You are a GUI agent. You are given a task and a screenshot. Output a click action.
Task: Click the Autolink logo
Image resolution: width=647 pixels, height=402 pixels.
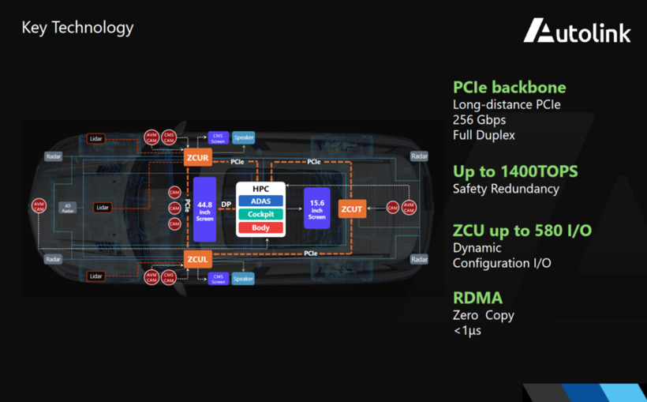click(x=578, y=31)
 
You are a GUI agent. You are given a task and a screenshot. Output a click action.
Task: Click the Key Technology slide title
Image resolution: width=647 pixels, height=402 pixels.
click(x=77, y=28)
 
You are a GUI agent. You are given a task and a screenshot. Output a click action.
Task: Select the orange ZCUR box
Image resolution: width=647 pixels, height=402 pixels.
click(x=197, y=158)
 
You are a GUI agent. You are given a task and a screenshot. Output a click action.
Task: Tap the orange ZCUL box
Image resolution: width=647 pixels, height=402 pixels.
click(x=197, y=259)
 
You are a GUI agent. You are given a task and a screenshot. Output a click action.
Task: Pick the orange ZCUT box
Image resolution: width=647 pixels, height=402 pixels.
click(x=352, y=209)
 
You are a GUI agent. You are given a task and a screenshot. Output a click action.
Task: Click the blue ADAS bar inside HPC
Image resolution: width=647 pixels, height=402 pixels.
click(x=260, y=201)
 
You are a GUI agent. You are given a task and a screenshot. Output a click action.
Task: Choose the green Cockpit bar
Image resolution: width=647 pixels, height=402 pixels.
click(x=260, y=214)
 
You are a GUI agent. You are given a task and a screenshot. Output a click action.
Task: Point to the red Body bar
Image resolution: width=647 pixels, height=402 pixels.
click(x=260, y=227)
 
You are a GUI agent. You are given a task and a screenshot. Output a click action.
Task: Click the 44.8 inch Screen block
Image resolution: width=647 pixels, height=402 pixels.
click(x=204, y=209)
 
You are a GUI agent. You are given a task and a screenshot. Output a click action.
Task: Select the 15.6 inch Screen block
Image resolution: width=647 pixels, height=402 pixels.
click(x=316, y=209)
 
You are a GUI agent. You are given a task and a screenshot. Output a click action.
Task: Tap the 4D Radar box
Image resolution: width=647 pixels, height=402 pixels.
click(x=67, y=208)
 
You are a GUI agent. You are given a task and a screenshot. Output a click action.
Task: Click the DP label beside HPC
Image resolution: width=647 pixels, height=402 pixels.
click(x=226, y=205)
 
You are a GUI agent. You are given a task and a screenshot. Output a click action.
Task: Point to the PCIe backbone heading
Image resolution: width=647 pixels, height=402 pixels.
click(x=509, y=88)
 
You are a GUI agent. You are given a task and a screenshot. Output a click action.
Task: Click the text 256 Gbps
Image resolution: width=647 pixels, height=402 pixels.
click(x=479, y=120)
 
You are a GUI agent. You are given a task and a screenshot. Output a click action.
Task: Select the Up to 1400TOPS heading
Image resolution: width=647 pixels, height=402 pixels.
click(x=515, y=171)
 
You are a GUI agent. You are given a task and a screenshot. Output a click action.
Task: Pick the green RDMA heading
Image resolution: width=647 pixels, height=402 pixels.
click(x=477, y=298)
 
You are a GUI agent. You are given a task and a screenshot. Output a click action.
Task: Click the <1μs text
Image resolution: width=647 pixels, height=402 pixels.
click(x=467, y=330)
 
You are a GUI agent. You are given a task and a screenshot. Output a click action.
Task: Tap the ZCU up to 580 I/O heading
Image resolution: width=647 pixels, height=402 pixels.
click(x=522, y=231)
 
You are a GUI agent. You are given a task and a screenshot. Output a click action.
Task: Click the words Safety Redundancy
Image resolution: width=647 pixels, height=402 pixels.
click(x=506, y=189)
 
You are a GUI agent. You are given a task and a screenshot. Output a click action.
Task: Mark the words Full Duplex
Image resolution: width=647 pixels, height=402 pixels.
click(x=484, y=135)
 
